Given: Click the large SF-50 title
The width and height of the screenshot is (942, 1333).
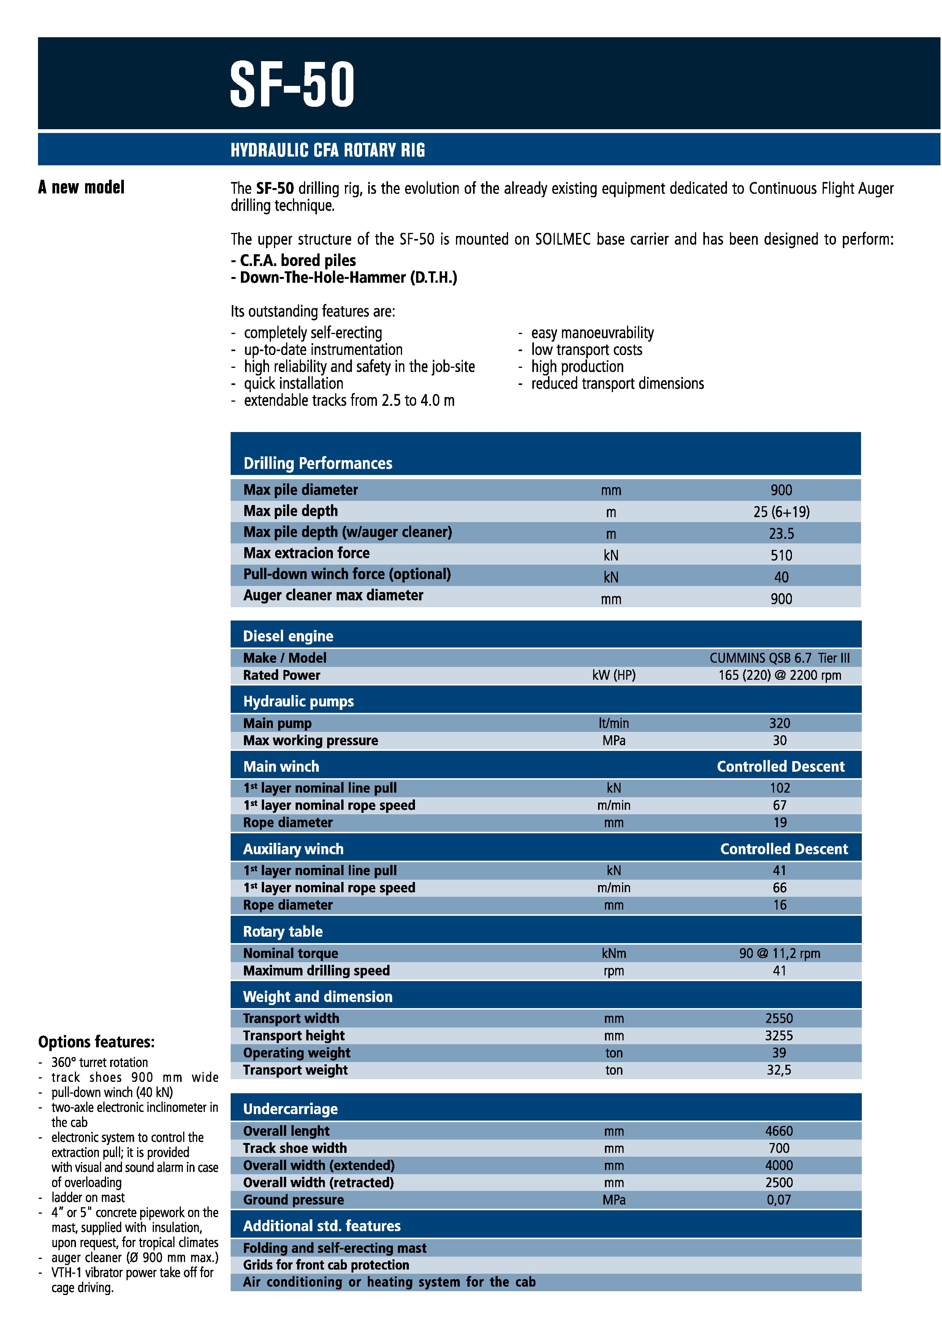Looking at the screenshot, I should [292, 85].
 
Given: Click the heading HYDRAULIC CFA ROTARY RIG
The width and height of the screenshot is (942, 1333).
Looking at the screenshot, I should [327, 150].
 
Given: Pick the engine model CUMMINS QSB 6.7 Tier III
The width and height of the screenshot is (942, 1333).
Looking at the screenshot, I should [779, 658].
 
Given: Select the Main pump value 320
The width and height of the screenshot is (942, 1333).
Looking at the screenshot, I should [779, 723].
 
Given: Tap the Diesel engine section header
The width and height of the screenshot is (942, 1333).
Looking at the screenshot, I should [288, 636].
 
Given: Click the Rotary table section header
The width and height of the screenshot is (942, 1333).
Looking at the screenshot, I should [283, 932].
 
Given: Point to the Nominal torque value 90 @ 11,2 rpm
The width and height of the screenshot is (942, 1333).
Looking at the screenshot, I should [779, 953].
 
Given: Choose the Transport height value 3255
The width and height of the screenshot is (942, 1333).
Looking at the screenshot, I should [779, 1036].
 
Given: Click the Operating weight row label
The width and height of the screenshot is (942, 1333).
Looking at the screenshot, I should [297, 1053].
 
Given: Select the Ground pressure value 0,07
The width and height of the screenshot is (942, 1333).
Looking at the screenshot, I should [779, 1200].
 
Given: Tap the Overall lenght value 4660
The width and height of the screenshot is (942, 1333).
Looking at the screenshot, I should [779, 1131].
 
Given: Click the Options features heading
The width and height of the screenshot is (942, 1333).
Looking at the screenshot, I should [97, 1042].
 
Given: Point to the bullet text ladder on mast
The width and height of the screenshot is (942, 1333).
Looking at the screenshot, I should [88, 1198].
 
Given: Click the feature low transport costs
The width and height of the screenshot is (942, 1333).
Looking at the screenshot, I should [586, 350].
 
